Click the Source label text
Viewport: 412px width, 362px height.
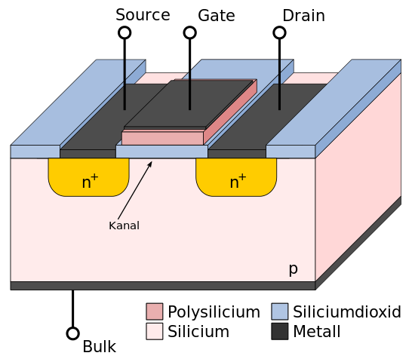pos(143,15)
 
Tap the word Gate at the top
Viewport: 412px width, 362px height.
pos(217,16)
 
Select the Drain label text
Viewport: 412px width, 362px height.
pos(303,16)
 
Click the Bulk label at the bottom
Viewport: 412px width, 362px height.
pos(100,347)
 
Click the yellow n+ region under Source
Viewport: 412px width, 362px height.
pos(88,177)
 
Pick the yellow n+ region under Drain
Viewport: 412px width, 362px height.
pos(236,177)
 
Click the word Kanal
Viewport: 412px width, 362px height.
pos(124,225)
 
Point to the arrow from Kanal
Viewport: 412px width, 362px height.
pos(135,190)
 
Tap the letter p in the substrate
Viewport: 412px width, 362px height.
pos(294,269)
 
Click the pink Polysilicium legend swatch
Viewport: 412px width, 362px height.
pos(155,311)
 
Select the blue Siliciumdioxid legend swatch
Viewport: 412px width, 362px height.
pos(279,311)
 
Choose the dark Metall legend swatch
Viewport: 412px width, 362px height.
pos(279,331)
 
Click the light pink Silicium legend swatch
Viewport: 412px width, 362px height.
pos(155,331)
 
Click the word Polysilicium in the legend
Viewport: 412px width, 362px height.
pos(214,312)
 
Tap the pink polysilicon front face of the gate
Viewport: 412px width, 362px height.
pos(162,138)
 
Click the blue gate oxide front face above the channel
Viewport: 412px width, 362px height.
pos(161,152)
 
